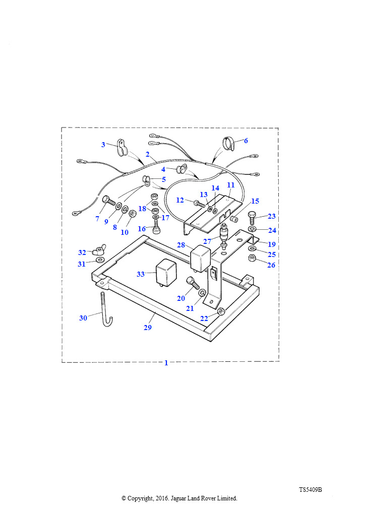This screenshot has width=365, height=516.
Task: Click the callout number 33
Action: [141, 274]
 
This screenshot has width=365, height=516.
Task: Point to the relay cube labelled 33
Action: [166, 272]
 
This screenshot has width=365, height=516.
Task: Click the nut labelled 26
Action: [252, 258]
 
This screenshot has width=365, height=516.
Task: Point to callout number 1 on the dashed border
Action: [166, 363]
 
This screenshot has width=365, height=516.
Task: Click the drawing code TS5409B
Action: [311, 490]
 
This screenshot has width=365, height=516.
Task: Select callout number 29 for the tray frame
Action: [148, 328]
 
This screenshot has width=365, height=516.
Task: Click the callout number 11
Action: [231, 185]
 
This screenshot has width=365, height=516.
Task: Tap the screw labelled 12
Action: [200, 204]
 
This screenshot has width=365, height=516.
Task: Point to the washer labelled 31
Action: [99, 261]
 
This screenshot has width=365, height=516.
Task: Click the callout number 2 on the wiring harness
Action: [147, 154]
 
